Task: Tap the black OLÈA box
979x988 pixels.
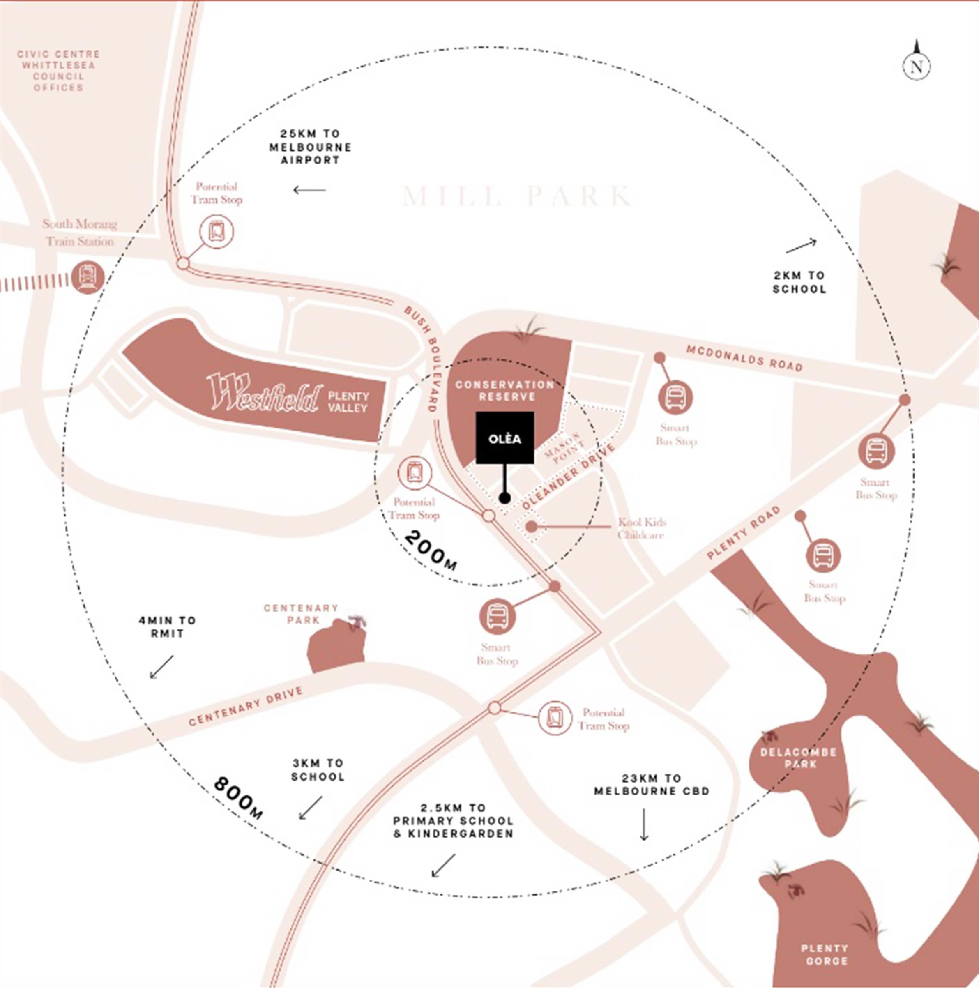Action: [x=505, y=438]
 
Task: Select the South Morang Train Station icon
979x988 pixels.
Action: [x=88, y=278]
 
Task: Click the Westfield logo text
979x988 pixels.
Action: [x=265, y=393]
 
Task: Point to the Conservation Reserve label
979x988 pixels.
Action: [x=504, y=391]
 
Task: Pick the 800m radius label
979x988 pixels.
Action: [x=239, y=798]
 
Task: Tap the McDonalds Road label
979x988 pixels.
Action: [x=744, y=358]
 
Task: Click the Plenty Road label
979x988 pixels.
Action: [x=744, y=532]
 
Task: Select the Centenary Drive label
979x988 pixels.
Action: [x=246, y=706]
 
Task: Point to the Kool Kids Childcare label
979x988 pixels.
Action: [x=641, y=528]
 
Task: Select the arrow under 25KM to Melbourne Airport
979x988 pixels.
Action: [x=309, y=190]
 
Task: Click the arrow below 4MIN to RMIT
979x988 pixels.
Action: [x=161, y=667]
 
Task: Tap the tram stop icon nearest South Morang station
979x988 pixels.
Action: [x=217, y=232]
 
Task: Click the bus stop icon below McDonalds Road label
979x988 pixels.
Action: [x=675, y=397]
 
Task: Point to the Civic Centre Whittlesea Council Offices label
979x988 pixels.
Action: [x=58, y=71]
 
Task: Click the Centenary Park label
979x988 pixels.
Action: [x=301, y=614]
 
